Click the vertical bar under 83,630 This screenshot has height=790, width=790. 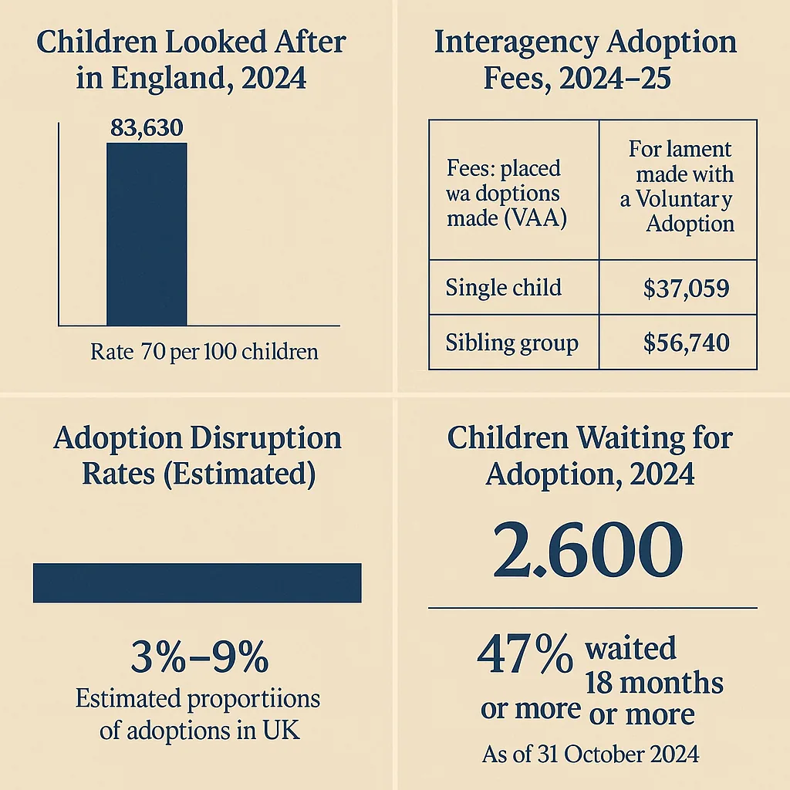[147, 235]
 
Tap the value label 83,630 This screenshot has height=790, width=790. [147, 127]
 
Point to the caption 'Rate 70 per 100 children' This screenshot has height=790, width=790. [204, 352]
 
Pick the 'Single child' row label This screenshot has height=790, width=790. [503, 288]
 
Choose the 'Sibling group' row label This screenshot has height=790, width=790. [512, 343]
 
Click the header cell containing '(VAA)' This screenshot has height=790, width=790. [514, 191]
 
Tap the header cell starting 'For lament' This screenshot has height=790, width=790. [678, 191]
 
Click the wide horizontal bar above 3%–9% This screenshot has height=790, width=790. [197, 583]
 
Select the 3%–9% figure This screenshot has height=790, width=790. [200, 657]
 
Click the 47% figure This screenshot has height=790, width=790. [525, 654]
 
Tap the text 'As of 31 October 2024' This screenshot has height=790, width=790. [590, 755]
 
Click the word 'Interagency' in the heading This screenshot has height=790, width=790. [515, 43]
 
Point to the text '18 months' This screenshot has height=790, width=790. [654, 683]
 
